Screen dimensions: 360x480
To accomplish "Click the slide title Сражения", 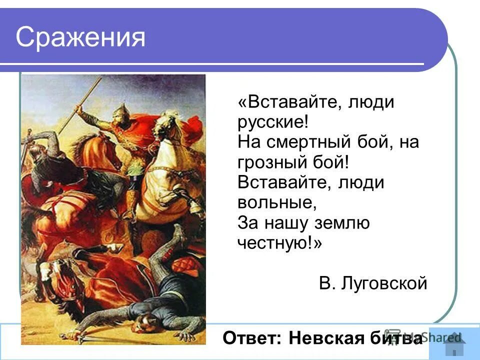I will point(80,37).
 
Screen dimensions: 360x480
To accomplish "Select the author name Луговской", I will point(384,283).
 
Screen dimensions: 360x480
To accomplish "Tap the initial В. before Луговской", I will point(327,283).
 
